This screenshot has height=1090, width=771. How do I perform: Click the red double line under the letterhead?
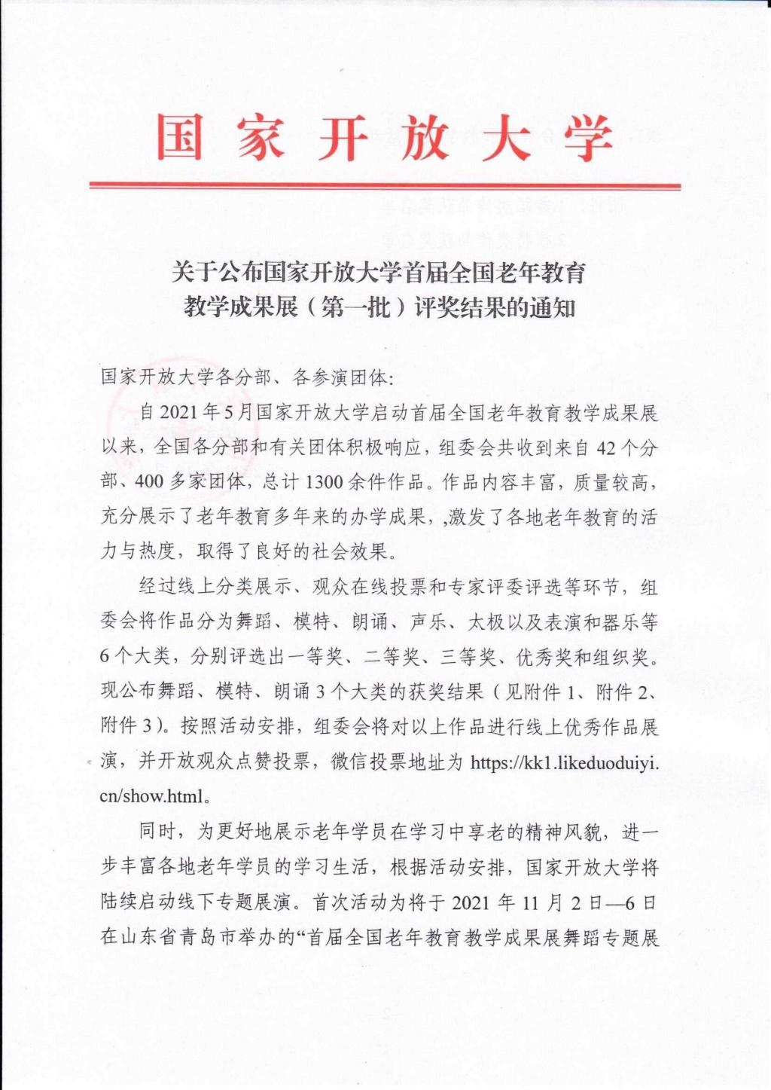coord(385,185)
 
